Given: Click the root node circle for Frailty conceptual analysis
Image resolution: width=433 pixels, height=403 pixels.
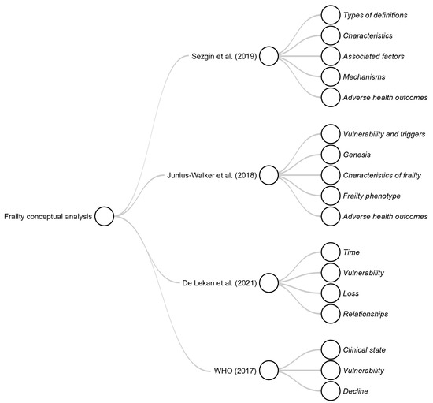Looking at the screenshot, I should [x=105, y=215].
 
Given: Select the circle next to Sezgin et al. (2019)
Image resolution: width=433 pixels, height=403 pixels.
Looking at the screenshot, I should [x=269, y=56].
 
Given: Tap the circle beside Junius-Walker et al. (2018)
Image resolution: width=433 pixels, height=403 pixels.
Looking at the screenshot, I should [x=269, y=174].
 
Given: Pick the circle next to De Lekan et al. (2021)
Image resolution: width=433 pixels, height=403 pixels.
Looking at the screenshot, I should [x=269, y=282].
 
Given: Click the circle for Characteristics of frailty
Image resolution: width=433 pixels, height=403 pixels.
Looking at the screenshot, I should [x=331, y=174].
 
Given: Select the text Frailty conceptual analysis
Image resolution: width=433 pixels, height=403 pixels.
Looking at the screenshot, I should [x=48, y=215].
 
